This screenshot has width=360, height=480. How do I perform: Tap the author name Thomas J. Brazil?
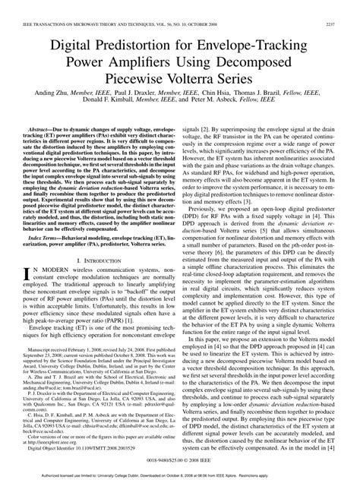point(277,99)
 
